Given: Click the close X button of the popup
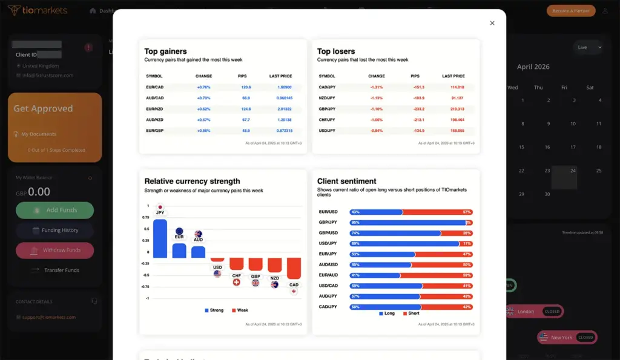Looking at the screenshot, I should click(x=492, y=23).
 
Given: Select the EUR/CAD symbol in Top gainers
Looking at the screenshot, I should click(x=155, y=87).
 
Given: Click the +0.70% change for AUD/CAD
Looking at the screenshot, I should click(x=203, y=98).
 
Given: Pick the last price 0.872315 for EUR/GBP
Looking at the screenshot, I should click(x=281, y=131).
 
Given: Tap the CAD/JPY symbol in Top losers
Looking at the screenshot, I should click(x=328, y=87).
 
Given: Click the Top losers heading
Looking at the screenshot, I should click(x=336, y=51).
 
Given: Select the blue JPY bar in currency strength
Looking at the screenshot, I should click(x=160, y=238).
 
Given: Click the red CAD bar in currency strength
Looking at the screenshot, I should click(x=294, y=268).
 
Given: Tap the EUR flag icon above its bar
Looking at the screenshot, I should click(x=179, y=231).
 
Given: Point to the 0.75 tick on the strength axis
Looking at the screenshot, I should click(x=145, y=217).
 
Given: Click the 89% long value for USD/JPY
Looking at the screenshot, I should click(x=355, y=244).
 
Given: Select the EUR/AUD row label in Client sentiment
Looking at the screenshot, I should click(x=328, y=275).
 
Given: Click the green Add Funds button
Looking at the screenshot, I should click(x=54, y=210).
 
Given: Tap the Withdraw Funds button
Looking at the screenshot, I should click(x=54, y=250).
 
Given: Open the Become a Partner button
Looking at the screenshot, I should click(x=571, y=11).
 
